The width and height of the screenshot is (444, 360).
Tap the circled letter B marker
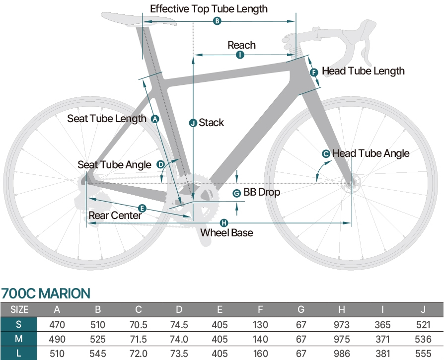(217, 21)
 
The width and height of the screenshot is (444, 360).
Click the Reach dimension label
(241, 45)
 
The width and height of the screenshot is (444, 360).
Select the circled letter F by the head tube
(314, 72)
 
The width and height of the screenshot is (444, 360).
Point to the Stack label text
(211, 123)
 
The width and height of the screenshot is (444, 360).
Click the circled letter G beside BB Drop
(236, 193)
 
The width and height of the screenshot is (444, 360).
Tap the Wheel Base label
(226, 233)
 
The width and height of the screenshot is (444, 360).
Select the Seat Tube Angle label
(114, 165)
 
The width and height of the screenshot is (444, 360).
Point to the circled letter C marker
(326, 154)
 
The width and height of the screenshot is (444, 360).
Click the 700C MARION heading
(46, 293)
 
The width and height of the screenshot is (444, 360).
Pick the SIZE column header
(19, 310)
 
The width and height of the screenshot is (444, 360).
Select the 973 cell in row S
(341, 325)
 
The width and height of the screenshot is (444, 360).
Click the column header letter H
(341, 310)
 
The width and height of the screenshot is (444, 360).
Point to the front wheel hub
(352, 183)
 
